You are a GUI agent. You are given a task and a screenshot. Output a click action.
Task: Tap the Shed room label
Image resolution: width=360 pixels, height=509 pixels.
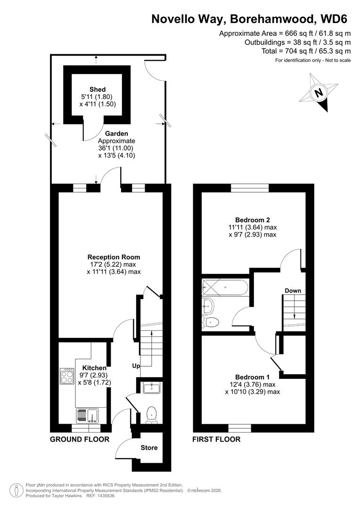[98, 90]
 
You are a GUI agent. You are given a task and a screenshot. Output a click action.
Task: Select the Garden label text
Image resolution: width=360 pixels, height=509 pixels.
[116, 133]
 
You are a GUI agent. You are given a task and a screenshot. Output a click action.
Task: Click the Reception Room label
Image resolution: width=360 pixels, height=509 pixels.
[114, 257]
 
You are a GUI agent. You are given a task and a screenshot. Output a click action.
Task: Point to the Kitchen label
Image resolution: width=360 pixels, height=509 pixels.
[94, 368]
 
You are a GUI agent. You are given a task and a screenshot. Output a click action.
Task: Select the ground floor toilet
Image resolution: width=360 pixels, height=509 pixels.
[152, 414]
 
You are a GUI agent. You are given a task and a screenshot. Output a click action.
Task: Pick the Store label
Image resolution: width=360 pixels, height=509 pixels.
[149, 447]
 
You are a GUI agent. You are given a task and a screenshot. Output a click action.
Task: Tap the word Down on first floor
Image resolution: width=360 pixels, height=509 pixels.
[293, 291]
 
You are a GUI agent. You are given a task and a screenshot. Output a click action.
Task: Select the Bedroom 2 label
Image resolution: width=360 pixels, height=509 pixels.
[253, 220]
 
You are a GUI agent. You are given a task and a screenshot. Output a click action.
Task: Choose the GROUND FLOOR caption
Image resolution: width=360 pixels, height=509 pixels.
[80, 439]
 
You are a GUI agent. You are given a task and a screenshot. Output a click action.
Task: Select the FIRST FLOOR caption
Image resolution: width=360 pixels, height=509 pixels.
[216, 439]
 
